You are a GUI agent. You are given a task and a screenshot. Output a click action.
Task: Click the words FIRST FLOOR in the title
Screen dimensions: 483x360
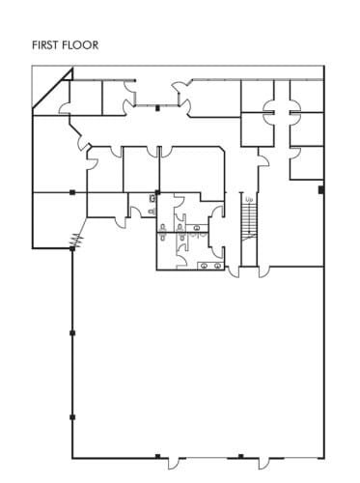tap(67, 44)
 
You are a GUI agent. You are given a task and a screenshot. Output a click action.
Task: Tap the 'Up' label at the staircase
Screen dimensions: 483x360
tap(249, 200)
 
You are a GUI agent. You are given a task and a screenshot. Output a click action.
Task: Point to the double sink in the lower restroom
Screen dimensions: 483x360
tap(211, 264)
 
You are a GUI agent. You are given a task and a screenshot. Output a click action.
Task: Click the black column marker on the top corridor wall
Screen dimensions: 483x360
tap(157, 107)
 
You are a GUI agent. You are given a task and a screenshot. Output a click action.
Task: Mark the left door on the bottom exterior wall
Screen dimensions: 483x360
tap(172, 456)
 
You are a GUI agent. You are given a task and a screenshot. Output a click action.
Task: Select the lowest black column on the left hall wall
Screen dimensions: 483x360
tap(72, 416)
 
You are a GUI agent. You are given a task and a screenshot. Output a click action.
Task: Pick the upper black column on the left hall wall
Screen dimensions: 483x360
tap(72, 333)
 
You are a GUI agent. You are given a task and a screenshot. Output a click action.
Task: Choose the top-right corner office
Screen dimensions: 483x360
tap(306, 91)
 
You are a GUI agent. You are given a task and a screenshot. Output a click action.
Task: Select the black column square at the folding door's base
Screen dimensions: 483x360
tap(71, 248)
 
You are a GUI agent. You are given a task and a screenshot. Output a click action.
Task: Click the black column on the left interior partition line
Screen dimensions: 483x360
tap(71, 192)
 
